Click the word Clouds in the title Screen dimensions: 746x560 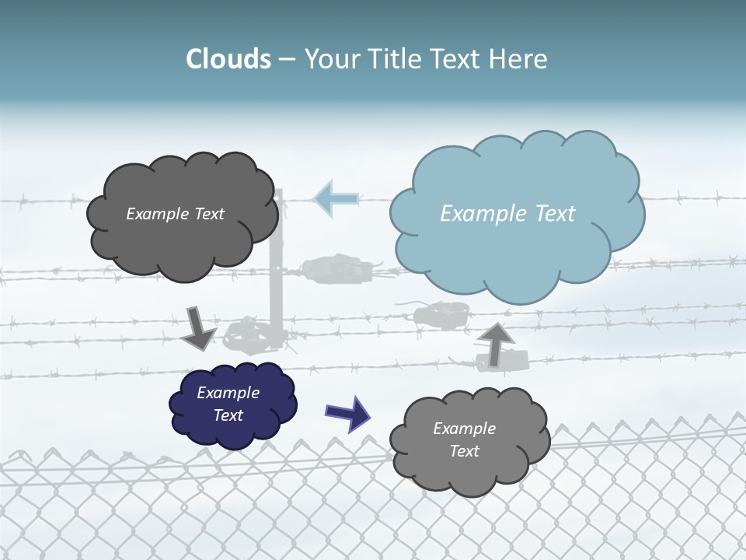[x=228, y=59]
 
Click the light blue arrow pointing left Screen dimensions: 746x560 [x=336, y=198]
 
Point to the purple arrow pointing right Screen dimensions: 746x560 [x=347, y=412]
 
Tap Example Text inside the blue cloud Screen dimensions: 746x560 [x=507, y=214]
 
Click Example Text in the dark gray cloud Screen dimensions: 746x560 [x=175, y=214]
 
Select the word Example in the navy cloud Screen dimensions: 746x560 [x=228, y=393]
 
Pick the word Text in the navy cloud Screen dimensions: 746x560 [x=228, y=415]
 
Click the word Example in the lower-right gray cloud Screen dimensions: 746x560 [x=464, y=429]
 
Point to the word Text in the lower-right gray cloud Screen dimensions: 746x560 [x=464, y=451]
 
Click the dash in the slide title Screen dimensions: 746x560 [x=287, y=60]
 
